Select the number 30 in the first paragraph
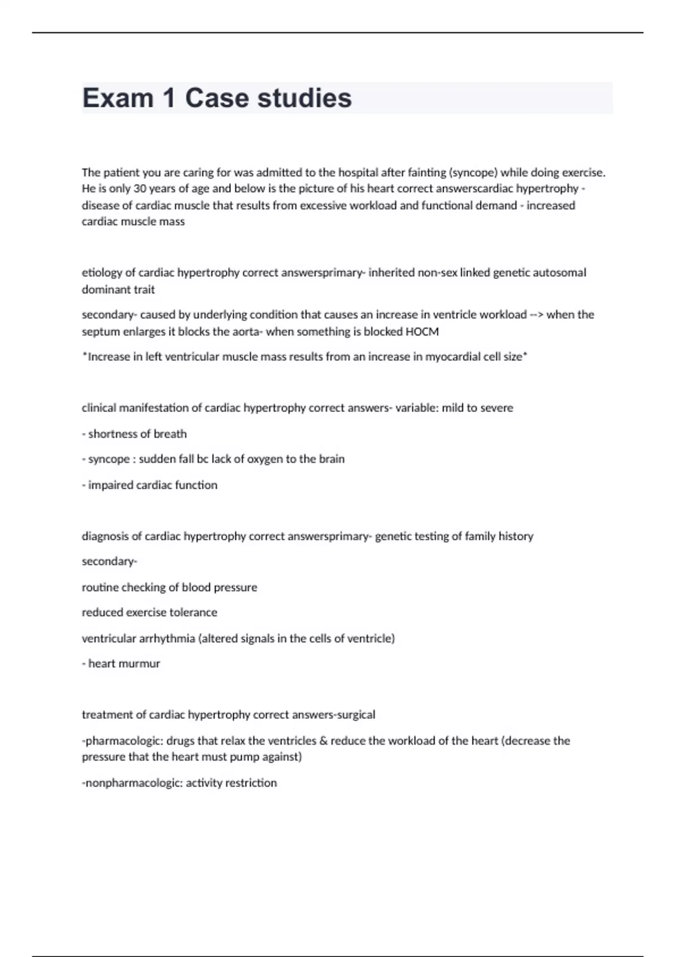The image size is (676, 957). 140,189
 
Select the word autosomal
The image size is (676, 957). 559,273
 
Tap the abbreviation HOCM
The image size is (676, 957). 422,332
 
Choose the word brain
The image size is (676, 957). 331,459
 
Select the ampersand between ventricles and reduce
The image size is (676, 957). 323,741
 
